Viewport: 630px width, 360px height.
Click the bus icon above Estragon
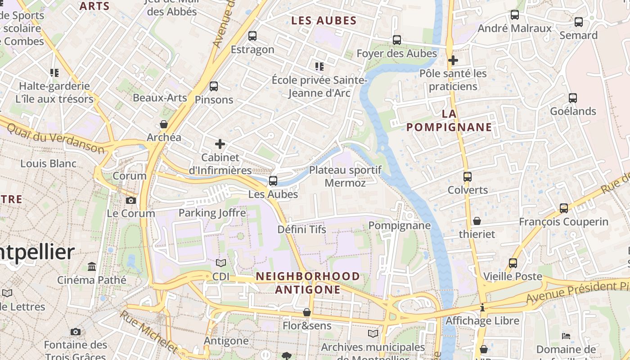tap(252, 36)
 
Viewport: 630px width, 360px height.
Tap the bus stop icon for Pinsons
tap(214, 86)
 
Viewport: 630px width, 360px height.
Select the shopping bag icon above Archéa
tap(164, 124)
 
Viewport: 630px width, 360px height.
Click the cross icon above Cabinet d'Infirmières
tap(220, 144)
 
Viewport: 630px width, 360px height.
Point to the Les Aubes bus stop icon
tap(273, 181)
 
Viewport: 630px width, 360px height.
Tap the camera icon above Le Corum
tap(131, 200)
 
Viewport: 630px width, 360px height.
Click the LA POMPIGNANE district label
tap(449, 121)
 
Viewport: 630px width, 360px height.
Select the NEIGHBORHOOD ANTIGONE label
tap(308, 283)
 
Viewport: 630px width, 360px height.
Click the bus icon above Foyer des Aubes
tap(397, 40)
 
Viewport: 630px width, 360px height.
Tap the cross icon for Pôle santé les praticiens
tap(453, 60)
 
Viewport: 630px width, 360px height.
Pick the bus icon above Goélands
tap(573, 98)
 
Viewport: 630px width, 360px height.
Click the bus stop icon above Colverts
tap(468, 176)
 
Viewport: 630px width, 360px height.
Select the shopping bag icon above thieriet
tap(477, 221)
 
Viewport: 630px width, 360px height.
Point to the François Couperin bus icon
tap(564, 208)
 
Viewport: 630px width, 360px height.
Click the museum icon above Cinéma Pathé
tap(92, 267)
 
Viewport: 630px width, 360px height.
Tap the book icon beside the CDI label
tap(220, 263)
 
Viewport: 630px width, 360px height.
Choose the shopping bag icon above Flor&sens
tap(307, 312)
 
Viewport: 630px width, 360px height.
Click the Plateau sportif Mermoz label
tap(345, 176)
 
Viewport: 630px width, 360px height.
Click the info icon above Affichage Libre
tap(482, 308)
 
